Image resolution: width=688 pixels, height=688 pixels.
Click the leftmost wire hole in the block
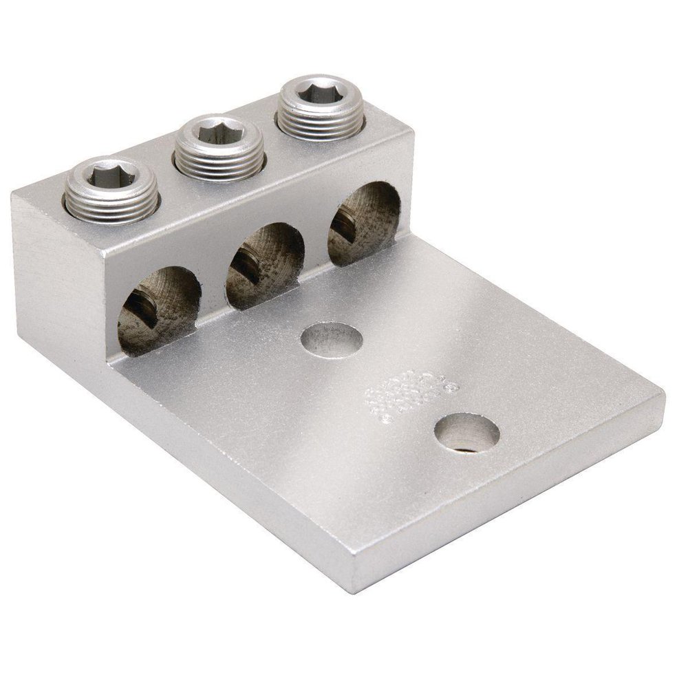tap(159, 310)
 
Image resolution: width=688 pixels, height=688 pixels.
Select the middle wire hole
tap(265, 265)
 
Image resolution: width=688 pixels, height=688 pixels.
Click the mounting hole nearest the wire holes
tap(332, 339)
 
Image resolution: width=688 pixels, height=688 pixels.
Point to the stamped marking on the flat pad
tap(411, 394)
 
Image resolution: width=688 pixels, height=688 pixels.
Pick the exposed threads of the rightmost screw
tap(321, 126)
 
